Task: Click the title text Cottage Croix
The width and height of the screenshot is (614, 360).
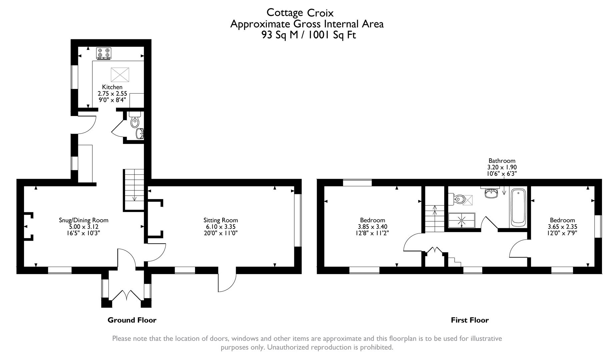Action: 300,13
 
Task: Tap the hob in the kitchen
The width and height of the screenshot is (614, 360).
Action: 104,53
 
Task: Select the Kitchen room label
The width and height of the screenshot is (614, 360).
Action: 112,87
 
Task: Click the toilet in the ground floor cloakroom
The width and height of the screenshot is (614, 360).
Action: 135,121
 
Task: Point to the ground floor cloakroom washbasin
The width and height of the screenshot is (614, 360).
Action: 140,134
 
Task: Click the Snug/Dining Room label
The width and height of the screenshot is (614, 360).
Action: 83,220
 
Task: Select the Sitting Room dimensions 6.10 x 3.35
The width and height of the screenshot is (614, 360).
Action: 221,227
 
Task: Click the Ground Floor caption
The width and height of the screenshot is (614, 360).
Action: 132,320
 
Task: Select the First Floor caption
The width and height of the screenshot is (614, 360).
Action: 470,320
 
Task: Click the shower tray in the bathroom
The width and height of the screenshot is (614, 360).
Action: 462,220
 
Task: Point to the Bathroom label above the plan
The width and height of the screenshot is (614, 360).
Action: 502,161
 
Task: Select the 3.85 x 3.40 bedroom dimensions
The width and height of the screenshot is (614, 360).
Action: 372,227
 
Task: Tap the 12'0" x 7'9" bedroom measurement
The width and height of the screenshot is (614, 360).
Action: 562,233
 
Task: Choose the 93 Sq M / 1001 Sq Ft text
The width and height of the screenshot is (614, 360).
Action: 309,35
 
